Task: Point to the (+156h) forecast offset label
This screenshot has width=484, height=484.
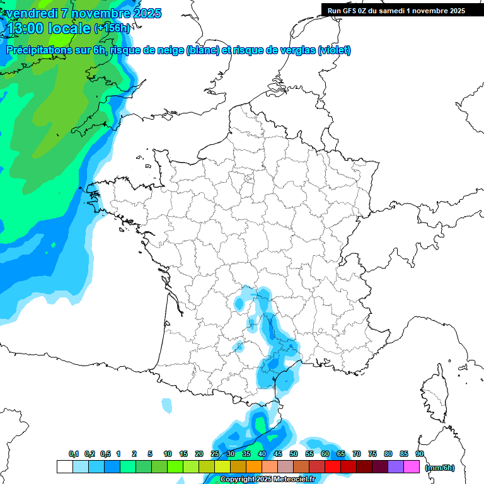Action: (112, 28)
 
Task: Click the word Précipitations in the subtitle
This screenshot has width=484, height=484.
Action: (37, 50)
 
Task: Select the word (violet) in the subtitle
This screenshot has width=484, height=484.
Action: (335, 50)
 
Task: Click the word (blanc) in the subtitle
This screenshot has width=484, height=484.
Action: (203, 50)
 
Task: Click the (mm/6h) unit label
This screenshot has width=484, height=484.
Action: (440, 467)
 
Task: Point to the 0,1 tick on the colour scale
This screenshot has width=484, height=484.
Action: (73, 454)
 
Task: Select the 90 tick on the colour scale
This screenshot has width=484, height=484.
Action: (420, 454)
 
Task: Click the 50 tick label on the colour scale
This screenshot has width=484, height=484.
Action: (294, 454)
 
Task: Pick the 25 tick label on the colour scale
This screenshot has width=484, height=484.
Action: (215, 454)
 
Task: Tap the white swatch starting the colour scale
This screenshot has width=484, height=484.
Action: (65, 466)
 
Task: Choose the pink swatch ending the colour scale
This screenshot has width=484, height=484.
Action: (412, 466)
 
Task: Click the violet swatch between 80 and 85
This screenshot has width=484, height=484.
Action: (396, 466)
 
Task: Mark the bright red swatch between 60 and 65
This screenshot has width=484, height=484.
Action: (333, 466)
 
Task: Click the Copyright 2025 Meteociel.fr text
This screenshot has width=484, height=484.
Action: (267, 480)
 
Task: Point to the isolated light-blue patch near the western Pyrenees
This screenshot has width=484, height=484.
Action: (166, 405)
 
